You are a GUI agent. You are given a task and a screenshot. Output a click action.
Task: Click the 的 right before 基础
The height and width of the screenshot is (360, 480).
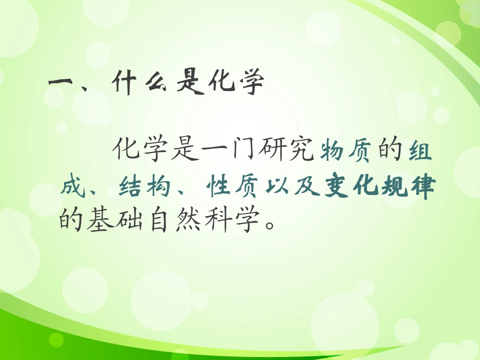click(70, 221)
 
